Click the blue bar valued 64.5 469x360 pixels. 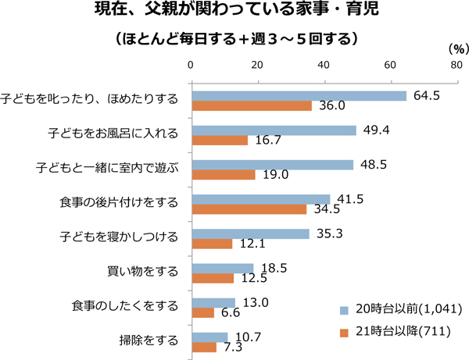tap(299, 96)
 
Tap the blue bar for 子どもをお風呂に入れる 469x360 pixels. tap(274, 130)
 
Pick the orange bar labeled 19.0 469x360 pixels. tap(224, 175)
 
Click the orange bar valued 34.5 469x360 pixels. tap(249, 209)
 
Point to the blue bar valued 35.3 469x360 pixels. tap(250, 233)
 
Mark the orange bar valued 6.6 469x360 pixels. tap(202, 312)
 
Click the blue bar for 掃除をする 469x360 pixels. tap(209, 337)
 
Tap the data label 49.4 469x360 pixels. tap(374, 129)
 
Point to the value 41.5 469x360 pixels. tap(347, 198)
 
